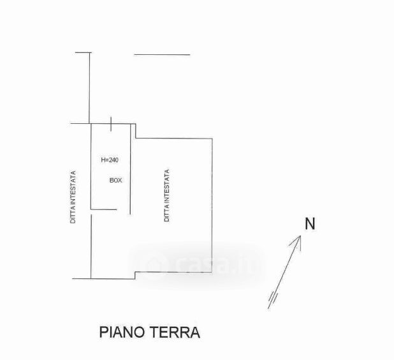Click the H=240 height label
pyautogui.click(x=110, y=160)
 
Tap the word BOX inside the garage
pyautogui.click(x=115, y=181)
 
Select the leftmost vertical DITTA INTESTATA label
pyautogui.click(x=74, y=197)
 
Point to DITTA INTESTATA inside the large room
pyautogui.click(x=167, y=195)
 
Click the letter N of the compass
pyautogui.click(x=310, y=224)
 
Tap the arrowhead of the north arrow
pyautogui.click(x=298, y=239)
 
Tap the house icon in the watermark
pyautogui.click(x=153, y=263)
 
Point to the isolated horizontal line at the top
pyautogui.click(x=162, y=55)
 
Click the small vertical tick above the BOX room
pyautogui.click(x=112, y=122)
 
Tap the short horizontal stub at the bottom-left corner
pyautogui.click(x=80, y=278)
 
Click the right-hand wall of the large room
pyautogui.click(x=211, y=204)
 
